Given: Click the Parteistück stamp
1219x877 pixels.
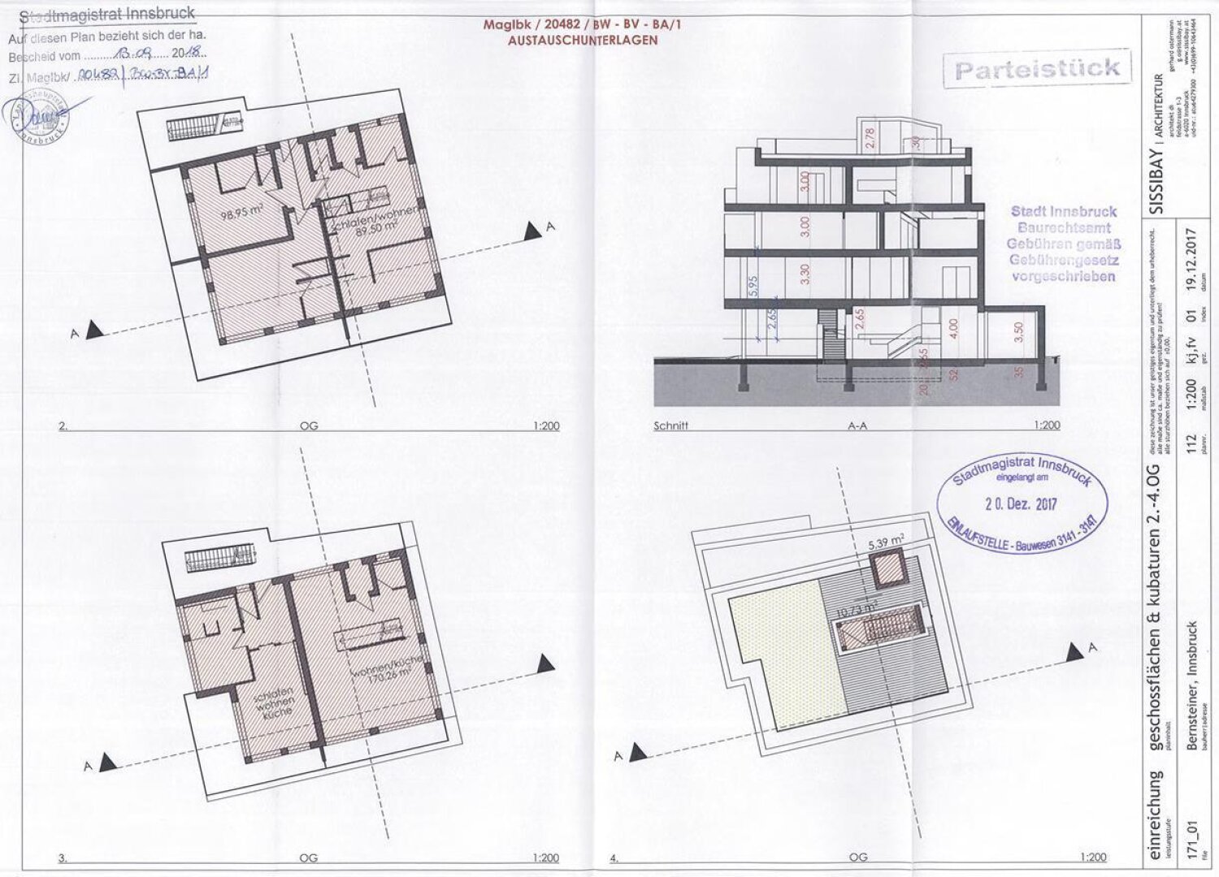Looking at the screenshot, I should point(1038,69).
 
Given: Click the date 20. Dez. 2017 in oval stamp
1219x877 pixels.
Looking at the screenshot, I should point(1021,503).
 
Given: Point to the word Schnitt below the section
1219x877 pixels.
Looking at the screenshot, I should point(670,425).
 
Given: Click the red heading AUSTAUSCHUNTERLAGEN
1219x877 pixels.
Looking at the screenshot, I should point(582,40).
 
